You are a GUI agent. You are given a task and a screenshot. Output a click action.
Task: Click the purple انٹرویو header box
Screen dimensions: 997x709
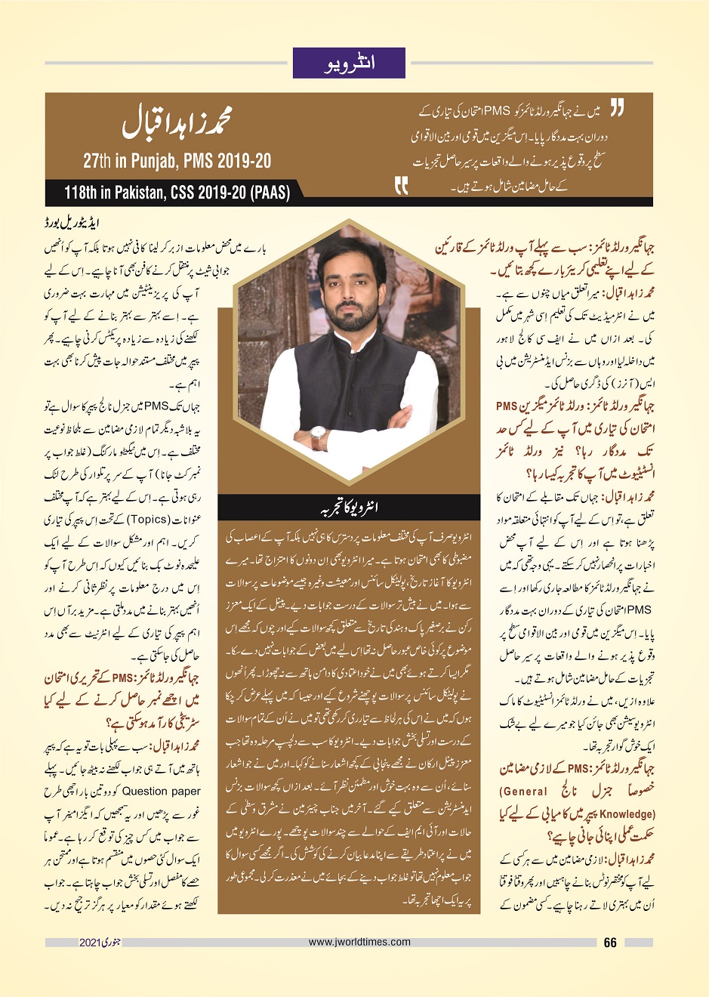point(349,63)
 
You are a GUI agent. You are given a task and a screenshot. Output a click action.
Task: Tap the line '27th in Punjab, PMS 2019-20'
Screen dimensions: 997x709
point(177,161)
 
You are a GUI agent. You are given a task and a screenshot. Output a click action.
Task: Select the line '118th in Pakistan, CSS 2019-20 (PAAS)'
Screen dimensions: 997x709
point(177,193)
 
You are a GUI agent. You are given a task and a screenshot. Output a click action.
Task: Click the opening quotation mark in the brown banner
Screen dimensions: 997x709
point(616,110)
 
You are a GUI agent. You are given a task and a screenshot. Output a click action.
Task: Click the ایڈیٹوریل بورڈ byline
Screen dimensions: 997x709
point(72,224)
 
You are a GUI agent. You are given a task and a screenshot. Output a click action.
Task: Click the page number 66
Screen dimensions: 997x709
point(610,943)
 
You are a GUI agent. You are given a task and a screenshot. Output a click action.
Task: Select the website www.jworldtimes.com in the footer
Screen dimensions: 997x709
point(359,942)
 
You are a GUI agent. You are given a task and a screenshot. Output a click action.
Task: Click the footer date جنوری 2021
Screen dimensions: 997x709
point(100,943)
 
